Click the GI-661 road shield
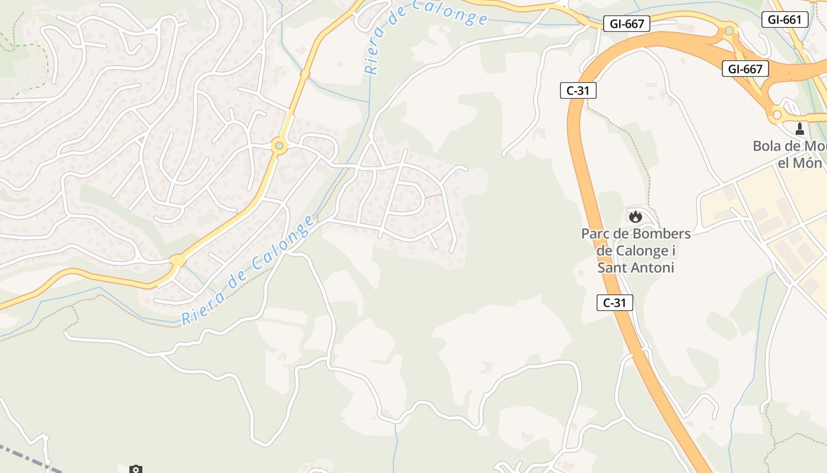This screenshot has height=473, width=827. click(784, 20)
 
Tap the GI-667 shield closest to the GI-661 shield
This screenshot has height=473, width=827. click(745, 69)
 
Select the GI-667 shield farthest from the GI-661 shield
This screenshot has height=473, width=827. click(626, 24)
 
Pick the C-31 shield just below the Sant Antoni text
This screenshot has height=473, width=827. click(614, 303)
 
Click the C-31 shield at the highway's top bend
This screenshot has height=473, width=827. click(578, 90)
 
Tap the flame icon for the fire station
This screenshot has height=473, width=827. click(636, 216)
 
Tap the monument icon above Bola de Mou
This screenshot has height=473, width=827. click(800, 128)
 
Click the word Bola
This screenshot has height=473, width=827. click(766, 146)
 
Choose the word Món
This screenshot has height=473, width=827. click(808, 163)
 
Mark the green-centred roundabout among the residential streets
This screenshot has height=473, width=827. click(279, 145)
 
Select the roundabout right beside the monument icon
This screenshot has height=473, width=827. click(777, 114)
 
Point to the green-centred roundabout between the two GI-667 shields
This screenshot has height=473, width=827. click(730, 30)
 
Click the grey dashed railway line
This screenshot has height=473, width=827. click(24, 456)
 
